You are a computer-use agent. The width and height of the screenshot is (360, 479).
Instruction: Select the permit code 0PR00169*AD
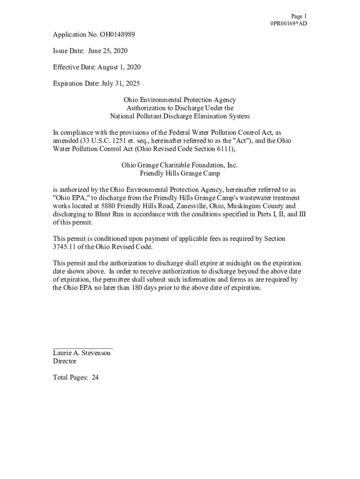point(288,23)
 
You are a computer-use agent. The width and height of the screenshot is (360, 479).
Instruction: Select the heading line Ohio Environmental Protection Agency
point(180,100)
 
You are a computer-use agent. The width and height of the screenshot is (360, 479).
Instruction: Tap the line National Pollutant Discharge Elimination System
point(180,116)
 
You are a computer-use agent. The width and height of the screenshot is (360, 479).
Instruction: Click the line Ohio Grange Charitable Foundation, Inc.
point(180,165)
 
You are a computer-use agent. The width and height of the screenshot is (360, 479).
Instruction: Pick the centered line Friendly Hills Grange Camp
point(180,174)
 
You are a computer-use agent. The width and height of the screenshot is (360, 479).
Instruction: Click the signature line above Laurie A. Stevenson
point(83,348)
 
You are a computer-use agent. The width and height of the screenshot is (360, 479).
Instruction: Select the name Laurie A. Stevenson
point(82,353)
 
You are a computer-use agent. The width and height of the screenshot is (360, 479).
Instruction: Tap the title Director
point(65,362)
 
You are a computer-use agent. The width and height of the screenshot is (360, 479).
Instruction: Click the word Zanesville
point(197,206)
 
